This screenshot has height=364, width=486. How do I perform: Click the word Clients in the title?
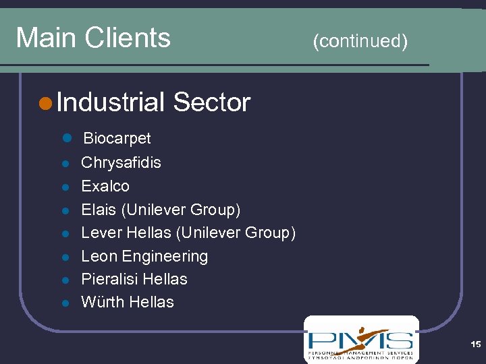point(128,37)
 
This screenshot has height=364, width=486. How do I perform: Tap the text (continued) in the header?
point(360,42)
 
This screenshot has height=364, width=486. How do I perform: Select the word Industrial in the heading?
point(111,102)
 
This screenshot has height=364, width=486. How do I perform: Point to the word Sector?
point(211,102)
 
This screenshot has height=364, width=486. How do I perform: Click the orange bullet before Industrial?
point(45,103)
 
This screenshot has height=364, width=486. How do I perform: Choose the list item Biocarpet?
point(116,138)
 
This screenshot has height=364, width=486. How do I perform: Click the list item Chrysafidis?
point(121,162)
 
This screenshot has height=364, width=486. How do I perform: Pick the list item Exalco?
point(105,186)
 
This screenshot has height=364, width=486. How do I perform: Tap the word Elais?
point(99,210)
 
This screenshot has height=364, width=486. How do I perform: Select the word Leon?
point(99,256)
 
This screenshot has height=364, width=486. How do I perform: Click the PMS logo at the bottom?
point(360,339)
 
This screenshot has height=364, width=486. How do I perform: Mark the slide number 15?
point(475,344)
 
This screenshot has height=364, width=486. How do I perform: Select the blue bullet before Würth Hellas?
point(65,303)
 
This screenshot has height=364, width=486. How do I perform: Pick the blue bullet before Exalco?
point(65,187)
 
